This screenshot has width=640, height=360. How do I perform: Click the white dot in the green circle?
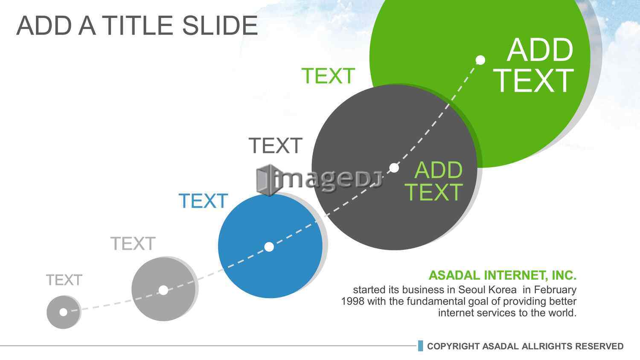480,60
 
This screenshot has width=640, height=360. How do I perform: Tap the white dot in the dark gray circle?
394,168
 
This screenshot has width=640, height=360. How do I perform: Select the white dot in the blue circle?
269,247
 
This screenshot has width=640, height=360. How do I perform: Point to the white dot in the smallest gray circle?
63,312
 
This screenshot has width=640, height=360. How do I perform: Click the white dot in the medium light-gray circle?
163,290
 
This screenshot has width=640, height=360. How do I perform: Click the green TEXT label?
328,76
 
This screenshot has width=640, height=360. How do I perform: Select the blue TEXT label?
203,200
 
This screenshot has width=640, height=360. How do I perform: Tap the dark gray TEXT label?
276,145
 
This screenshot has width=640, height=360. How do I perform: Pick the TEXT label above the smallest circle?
64,280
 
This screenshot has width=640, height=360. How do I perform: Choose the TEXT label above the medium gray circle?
133,244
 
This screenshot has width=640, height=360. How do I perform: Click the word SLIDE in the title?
220,26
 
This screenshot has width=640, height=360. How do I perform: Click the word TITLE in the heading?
137,26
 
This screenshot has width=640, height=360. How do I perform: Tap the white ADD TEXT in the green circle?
534,65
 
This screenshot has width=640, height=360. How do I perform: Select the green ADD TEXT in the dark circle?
433,181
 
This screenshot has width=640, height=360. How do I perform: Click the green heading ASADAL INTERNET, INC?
503,275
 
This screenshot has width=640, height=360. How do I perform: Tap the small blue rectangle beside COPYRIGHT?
420,346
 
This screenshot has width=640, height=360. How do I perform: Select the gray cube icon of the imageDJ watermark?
267,180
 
